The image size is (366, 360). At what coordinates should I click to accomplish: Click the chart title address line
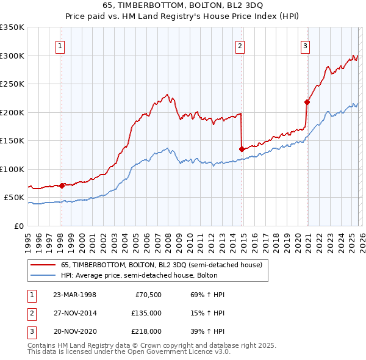coord(183,6)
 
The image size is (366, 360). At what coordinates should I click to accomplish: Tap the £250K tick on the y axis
coord(12,84)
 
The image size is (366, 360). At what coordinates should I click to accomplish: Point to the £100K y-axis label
coord(12,169)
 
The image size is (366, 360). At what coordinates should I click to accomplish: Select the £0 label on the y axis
coord(18,226)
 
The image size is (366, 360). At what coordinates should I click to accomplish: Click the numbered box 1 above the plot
coord(61,45)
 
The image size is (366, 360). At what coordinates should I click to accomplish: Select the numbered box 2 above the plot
coord(240,45)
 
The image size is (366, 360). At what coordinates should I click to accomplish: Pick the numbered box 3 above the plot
coord(305,45)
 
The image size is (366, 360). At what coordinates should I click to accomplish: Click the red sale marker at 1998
coord(62,185)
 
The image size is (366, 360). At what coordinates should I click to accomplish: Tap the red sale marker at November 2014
coord(242,149)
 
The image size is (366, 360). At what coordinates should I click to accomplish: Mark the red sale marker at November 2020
coord(307,102)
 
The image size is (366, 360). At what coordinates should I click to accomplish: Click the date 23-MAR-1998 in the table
coord(74,295)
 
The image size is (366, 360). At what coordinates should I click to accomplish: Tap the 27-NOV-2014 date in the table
coord(74,313)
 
